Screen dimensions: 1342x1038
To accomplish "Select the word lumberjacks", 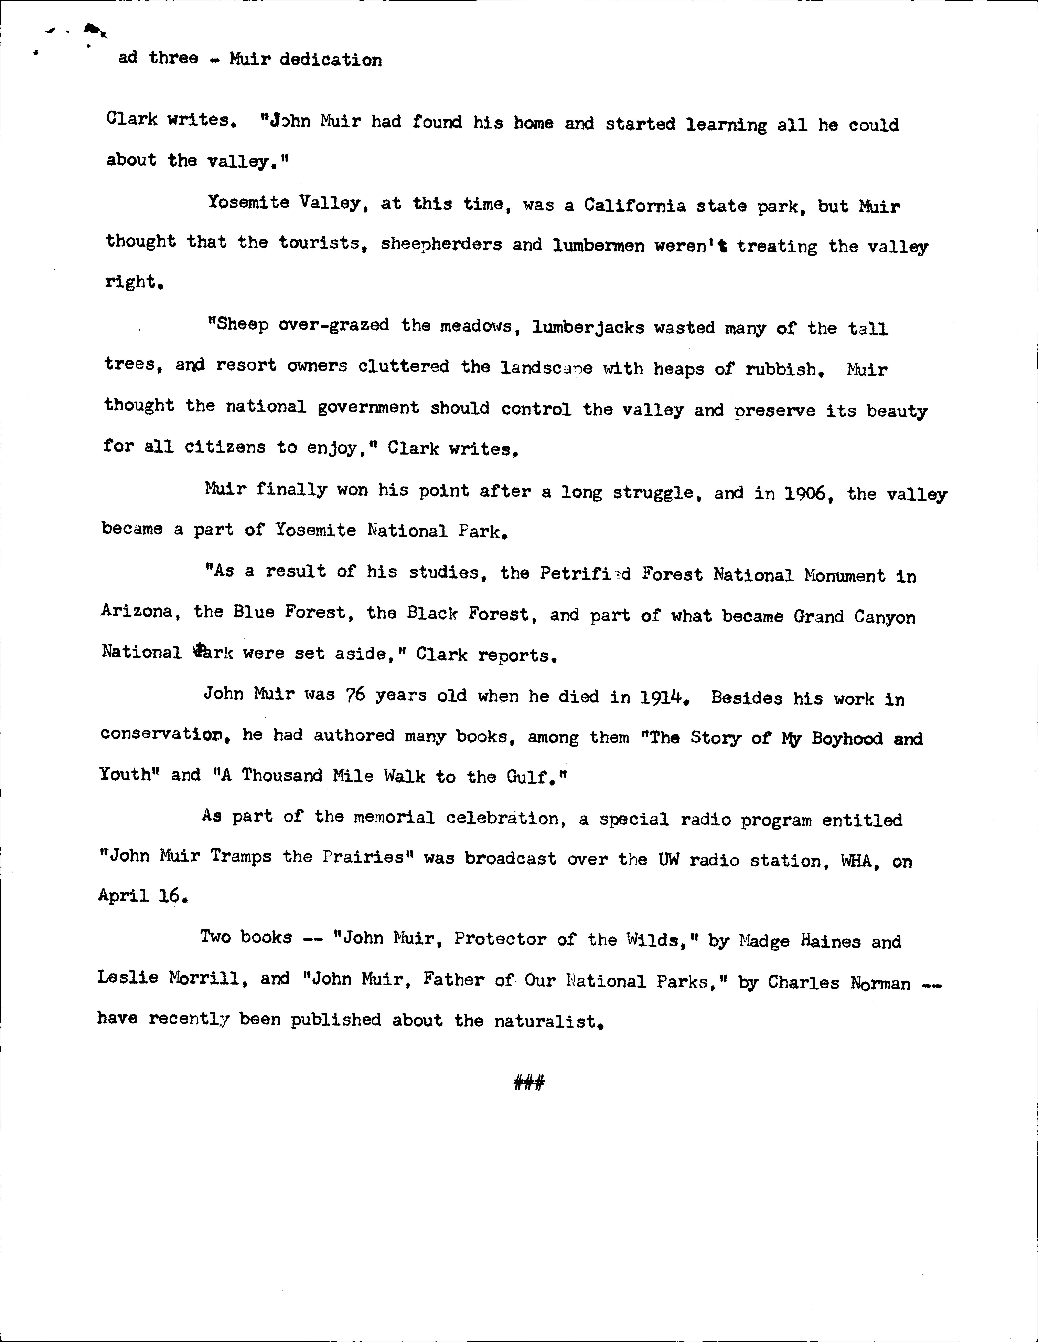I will tap(588, 327).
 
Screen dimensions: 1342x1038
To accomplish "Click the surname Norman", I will tap(880, 983).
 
